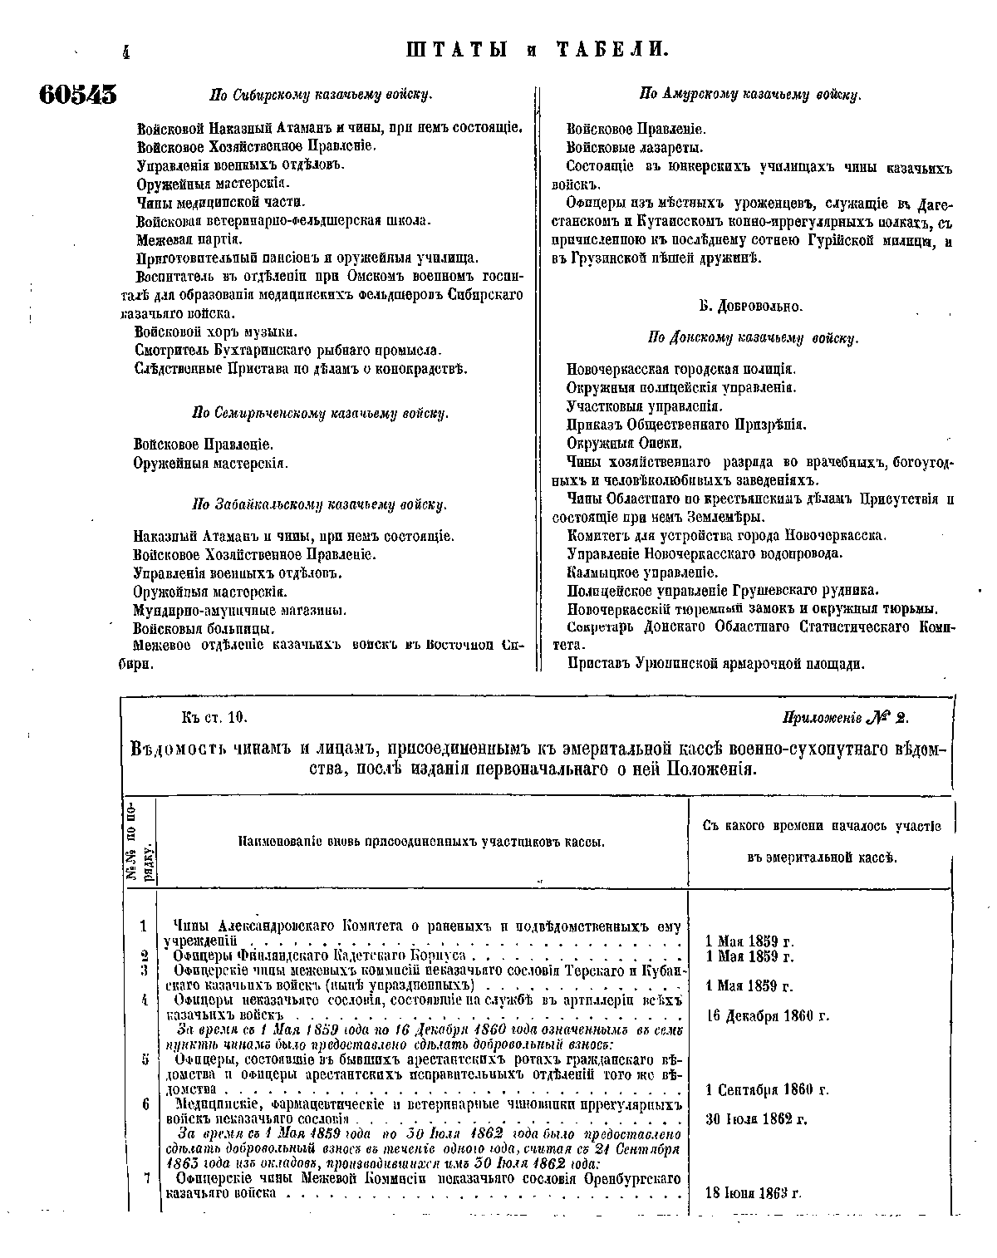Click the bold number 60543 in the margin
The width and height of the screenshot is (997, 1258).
point(77,94)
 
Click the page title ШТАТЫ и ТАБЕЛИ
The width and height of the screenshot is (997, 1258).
point(537,50)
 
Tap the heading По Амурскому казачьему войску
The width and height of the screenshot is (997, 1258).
point(749,95)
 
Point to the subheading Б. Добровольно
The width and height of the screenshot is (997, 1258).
point(750,307)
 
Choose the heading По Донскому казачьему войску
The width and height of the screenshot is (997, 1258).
point(752,338)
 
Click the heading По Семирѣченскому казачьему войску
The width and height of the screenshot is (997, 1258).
point(320,413)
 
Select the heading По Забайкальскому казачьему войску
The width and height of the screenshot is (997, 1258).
point(320,504)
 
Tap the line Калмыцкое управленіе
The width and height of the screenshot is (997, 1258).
point(642,572)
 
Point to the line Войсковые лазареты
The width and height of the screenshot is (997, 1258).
point(635,148)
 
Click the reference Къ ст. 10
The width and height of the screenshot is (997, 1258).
point(214,717)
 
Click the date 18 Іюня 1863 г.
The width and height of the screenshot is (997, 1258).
point(753,1193)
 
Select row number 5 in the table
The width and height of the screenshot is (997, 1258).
point(145,1059)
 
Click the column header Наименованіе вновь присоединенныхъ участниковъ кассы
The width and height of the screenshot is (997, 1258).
point(421,842)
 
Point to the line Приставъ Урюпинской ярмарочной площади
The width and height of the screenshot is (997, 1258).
point(715,663)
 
